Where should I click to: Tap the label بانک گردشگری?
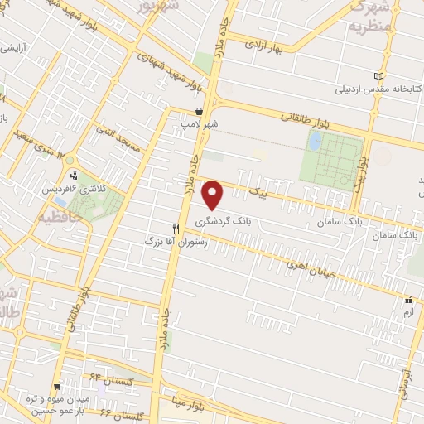[x=221, y=222]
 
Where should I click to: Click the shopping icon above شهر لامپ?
[x=199, y=110]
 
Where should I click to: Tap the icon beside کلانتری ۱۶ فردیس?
[x=75, y=176]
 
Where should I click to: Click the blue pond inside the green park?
[x=315, y=142]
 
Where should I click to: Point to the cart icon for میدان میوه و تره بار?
[x=56, y=386]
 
